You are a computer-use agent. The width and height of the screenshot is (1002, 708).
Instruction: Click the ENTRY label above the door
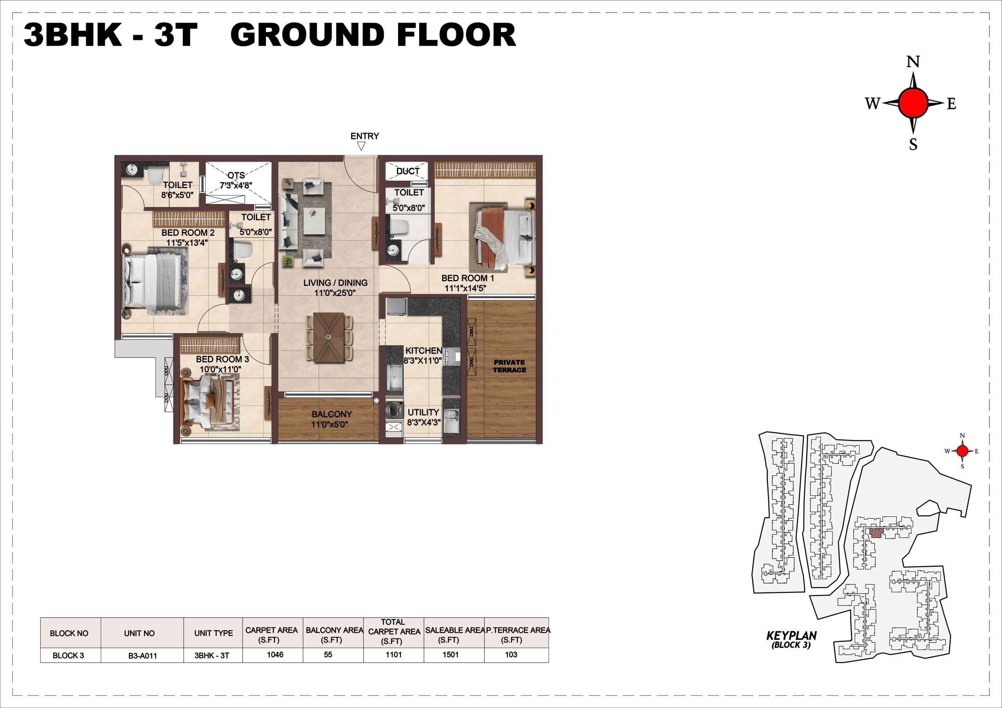(x=364, y=136)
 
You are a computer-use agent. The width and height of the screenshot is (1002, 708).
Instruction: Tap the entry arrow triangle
(x=361, y=146)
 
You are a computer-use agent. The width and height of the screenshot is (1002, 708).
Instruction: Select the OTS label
(x=236, y=175)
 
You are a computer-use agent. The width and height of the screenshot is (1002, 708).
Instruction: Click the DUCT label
(x=407, y=171)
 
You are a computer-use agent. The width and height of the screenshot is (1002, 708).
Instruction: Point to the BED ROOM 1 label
(x=467, y=278)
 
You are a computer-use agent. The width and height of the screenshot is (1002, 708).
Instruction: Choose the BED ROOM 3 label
(x=222, y=359)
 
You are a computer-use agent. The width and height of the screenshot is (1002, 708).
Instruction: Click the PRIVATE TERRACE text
(x=509, y=366)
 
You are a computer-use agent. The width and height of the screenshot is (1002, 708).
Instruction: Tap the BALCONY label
(x=332, y=414)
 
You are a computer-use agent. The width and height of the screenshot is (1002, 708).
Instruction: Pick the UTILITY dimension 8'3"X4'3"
(x=424, y=423)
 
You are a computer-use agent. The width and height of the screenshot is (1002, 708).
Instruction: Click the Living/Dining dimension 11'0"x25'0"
(x=335, y=293)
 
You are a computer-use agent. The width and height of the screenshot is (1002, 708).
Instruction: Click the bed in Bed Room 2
(x=156, y=281)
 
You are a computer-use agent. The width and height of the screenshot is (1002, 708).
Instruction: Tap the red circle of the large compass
(x=913, y=102)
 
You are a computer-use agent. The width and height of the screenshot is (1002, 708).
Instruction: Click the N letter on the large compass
(x=914, y=62)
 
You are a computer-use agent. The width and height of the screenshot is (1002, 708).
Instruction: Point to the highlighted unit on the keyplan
(x=876, y=533)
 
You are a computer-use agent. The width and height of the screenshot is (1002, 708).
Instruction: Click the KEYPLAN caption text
(x=791, y=636)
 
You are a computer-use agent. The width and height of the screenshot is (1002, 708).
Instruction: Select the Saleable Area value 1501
(x=451, y=655)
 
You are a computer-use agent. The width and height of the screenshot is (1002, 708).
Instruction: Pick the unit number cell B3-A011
(x=142, y=656)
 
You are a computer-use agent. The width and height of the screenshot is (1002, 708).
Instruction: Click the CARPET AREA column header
(x=272, y=635)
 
